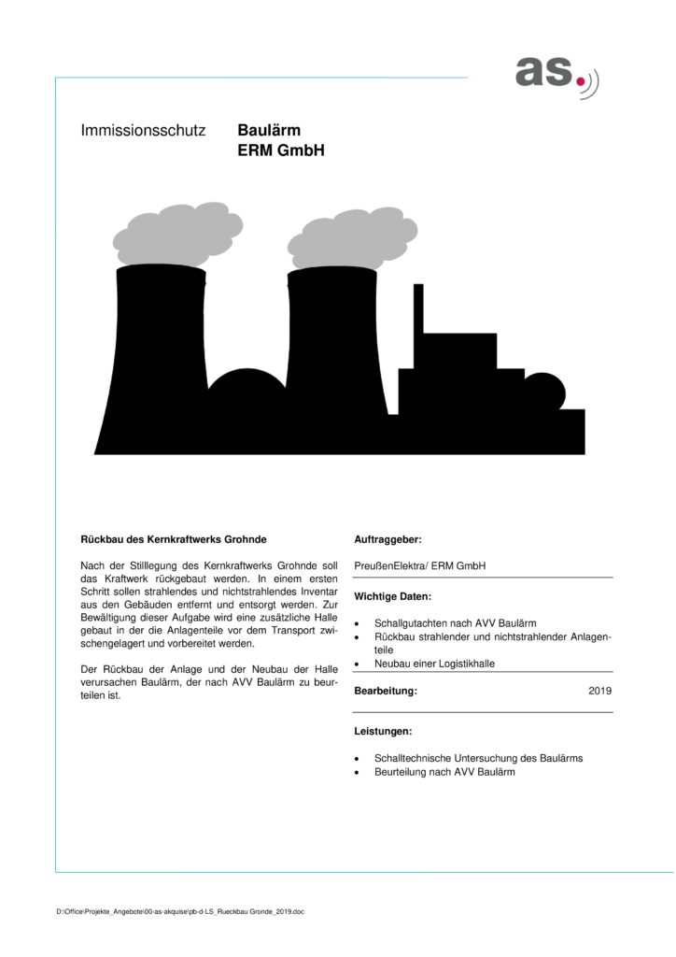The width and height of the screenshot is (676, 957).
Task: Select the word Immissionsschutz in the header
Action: (143, 133)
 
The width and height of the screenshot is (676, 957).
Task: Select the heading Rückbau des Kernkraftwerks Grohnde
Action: (175, 539)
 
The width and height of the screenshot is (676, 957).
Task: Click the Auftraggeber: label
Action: (387, 539)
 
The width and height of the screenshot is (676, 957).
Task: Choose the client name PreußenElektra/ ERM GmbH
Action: (419, 565)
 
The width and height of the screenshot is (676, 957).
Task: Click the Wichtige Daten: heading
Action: (393, 594)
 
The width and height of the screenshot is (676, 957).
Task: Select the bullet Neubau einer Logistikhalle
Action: (434, 663)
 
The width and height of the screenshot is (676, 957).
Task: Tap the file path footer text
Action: (180, 911)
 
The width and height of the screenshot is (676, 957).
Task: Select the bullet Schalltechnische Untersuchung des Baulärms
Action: (478, 758)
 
